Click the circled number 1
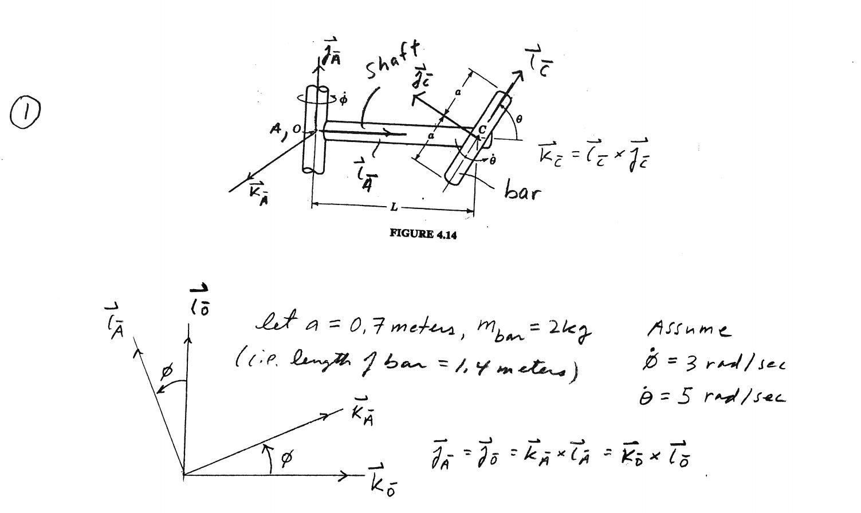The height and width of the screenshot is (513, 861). coord(25,112)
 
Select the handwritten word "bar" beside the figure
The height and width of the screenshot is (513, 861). coord(521,191)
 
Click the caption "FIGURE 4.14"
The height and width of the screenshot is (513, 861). coord(423,234)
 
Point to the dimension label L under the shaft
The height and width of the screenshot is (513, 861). coord(394,207)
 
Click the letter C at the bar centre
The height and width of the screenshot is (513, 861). coord(482,129)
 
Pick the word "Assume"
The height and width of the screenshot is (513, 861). coord(689,329)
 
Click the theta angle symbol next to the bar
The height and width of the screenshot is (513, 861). coord(518,119)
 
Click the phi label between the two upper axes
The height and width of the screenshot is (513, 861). coord(167,372)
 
